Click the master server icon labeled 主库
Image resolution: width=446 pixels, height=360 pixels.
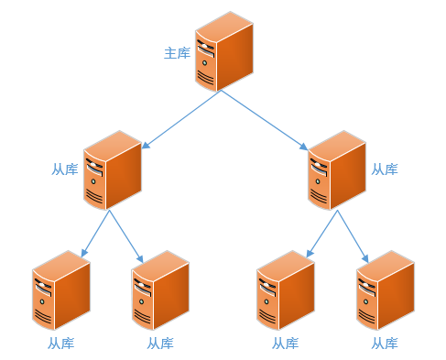(x=223, y=52)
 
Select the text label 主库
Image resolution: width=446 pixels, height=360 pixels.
(x=177, y=53)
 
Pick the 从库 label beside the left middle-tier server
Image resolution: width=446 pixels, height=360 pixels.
(x=64, y=169)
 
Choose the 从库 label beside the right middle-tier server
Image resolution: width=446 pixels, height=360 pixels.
(x=385, y=169)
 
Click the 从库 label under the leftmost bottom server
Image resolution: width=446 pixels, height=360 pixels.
(x=60, y=344)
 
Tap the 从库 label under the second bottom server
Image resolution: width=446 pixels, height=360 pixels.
(x=160, y=344)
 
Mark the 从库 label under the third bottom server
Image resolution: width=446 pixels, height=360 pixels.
(x=285, y=344)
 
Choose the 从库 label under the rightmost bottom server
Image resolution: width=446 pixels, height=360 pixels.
(x=385, y=344)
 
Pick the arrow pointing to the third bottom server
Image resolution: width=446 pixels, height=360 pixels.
(x=321, y=235)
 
